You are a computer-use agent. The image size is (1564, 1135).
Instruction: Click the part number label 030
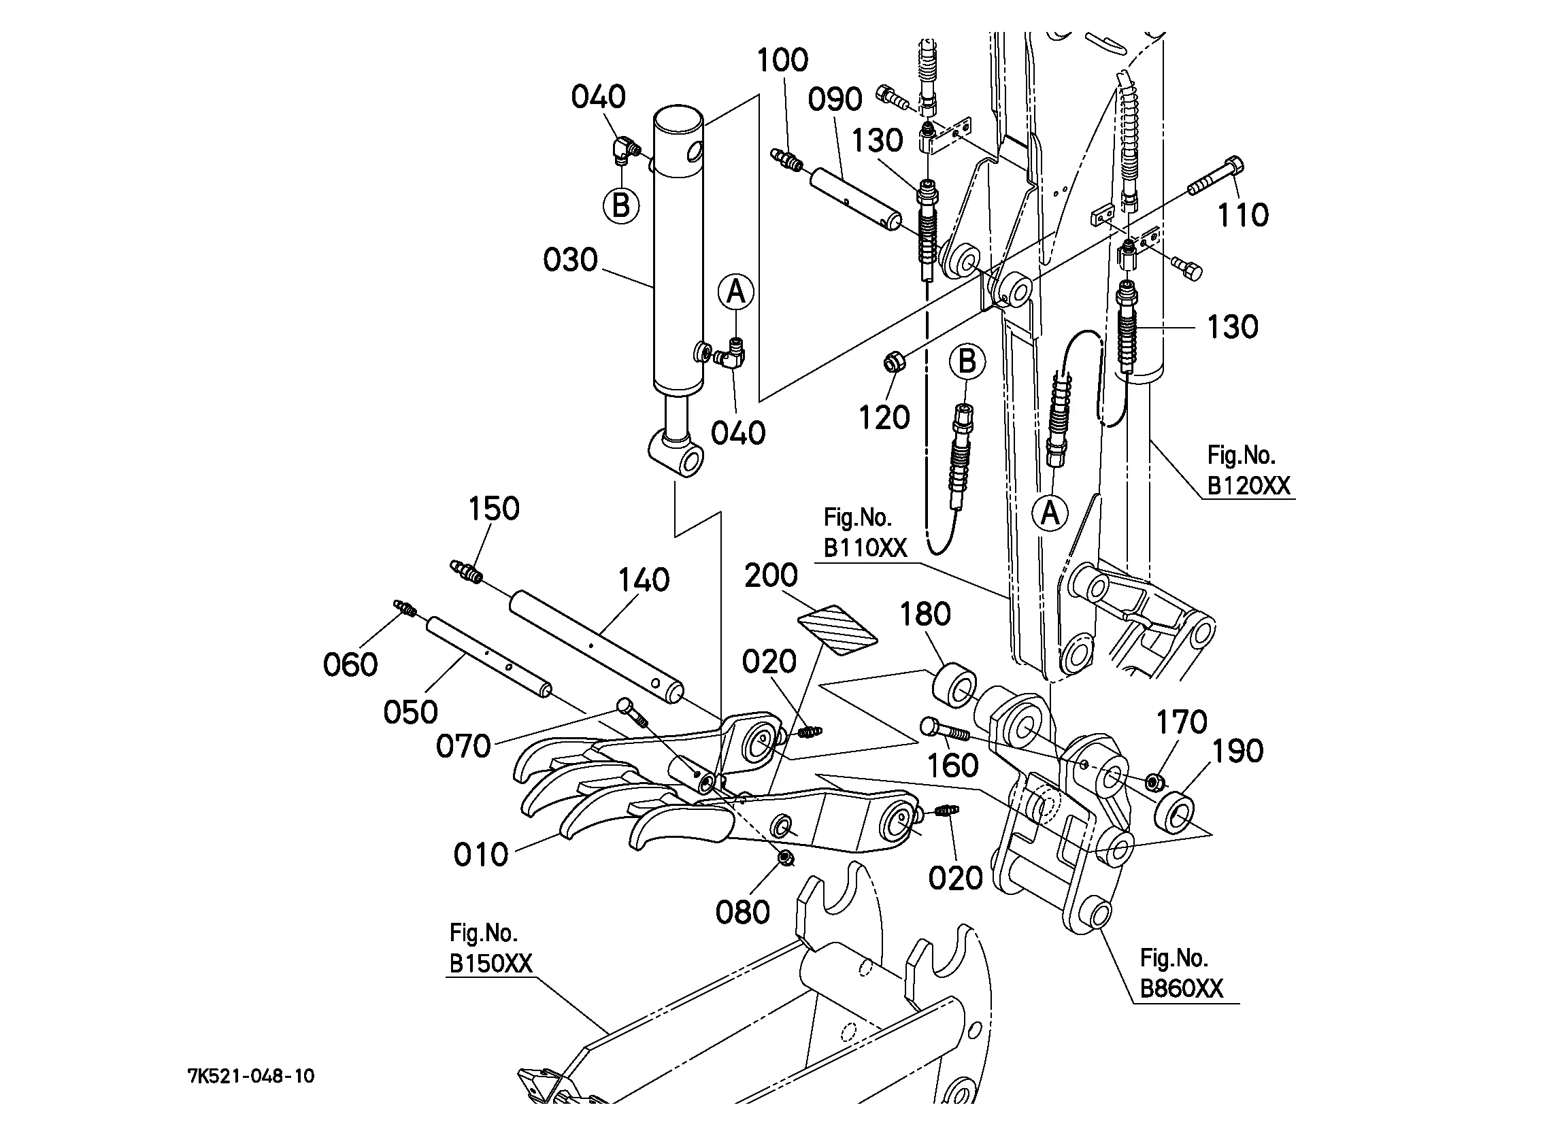pos(569,260)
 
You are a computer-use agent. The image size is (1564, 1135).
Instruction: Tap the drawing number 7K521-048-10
pos(251,1076)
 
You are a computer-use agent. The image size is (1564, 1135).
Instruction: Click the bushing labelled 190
pos(1175,811)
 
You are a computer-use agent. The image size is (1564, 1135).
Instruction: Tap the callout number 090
pos(835,100)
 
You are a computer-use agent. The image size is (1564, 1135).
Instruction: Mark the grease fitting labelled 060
pos(405,607)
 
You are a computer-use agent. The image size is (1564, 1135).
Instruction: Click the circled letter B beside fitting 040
pos(620,205)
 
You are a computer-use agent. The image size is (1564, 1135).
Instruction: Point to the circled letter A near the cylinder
pos(736,292)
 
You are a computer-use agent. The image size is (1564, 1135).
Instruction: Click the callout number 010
pos(481,855)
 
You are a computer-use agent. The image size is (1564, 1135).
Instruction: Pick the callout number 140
pos(644,580)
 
